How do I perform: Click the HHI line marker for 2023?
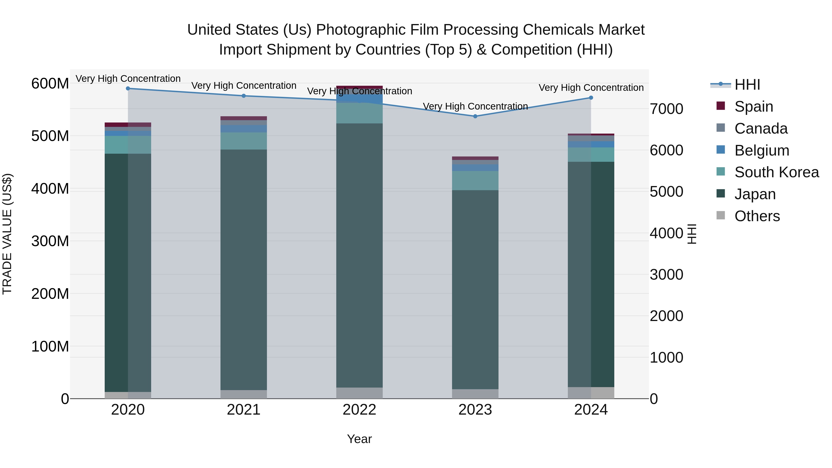coord(475,116)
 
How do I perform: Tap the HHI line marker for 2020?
coord(128,88)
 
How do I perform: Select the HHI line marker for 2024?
coord(591,98)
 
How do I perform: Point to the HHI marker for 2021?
coord(244,96)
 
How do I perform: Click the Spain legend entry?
coord(753,107)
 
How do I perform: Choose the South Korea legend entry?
coord(777,172)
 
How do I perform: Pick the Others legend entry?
coord(757,216)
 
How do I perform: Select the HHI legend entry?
coord(747,85)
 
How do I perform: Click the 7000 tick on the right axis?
coord(666,109)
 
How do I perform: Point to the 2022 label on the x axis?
coord(359,410)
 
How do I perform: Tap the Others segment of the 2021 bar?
coord(244,394)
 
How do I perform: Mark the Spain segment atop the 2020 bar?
coord(128,125)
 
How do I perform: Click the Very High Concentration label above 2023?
coord(475,106)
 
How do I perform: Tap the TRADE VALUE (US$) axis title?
coord(7,234)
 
